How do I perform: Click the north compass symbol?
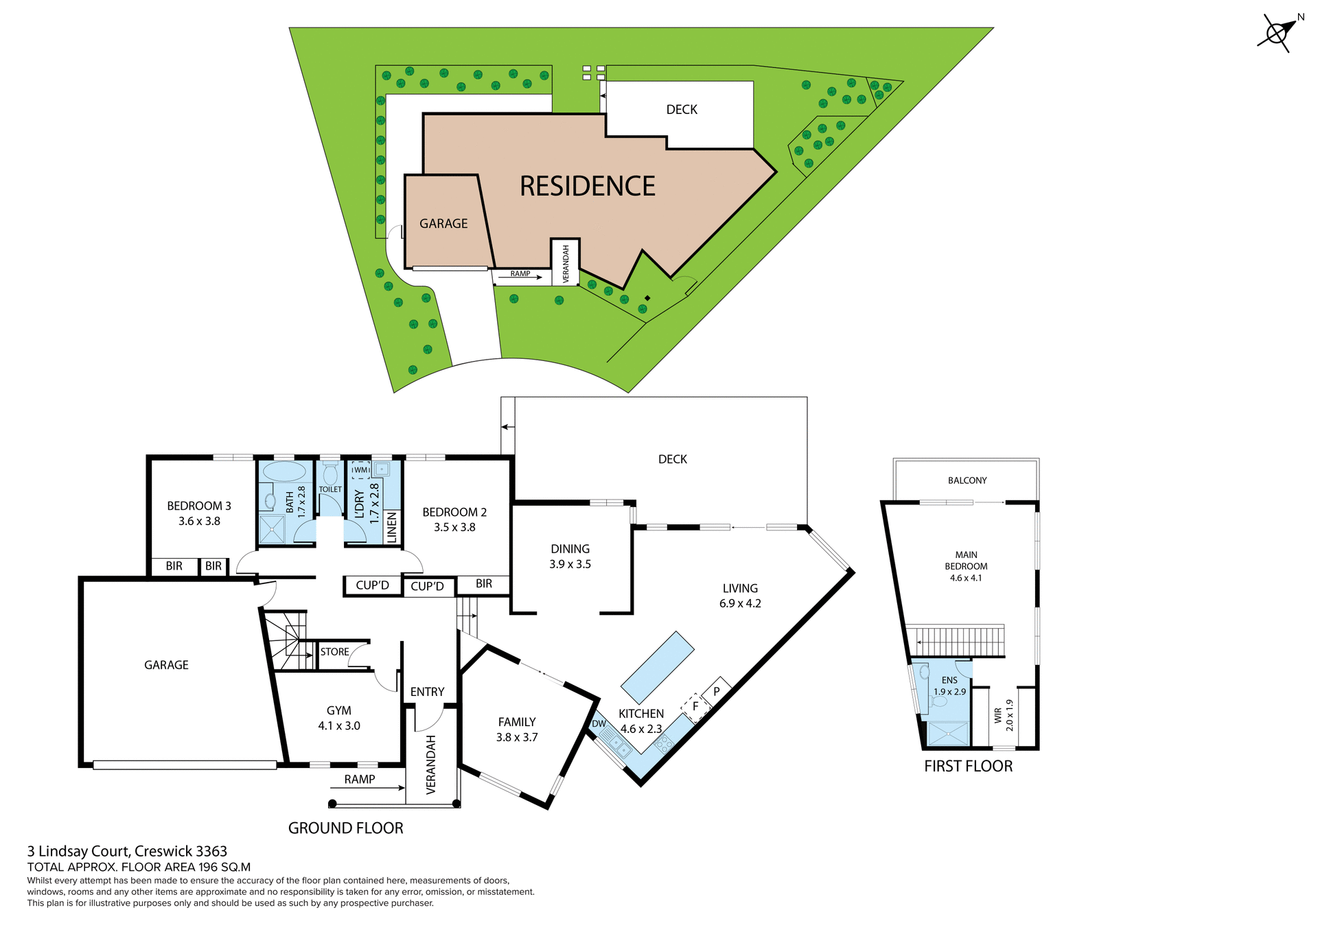click(x=1277, y=33)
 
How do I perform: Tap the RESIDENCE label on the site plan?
click(x=587, y=186)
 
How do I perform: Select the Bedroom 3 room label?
click(x=199, y=513)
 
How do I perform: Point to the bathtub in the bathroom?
click(x=284, y=471)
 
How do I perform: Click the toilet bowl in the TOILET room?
click(x=330, y=474)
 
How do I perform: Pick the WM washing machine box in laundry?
click(x=360, y=470)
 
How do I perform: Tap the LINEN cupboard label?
click(x=392, y=527)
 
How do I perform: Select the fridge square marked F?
click(x=695, y=706)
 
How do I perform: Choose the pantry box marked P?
click(x=716, y=691)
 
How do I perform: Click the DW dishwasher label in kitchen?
click(x=599, y=723)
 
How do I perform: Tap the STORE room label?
click(x=334, y=651)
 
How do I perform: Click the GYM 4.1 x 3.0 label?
click(x=339, y=718)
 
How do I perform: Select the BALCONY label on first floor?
click(x=967, y=480)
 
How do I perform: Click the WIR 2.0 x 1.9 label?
click(x=1003, y=716)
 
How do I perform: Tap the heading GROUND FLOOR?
click(x=345, y=828)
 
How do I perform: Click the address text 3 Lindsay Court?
click(x=127, y=851)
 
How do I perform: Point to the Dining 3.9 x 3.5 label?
click(x=570, y=556)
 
